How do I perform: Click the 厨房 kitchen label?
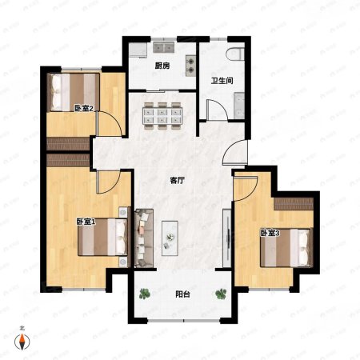162,66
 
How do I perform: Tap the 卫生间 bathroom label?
222,81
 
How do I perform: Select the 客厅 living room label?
177,181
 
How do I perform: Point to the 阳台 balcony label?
182,294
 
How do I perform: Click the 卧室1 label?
86,222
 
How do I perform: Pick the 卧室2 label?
83,109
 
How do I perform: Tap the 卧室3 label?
270,233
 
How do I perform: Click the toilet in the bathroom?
235,54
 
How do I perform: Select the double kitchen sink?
163,47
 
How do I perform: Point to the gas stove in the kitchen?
190,66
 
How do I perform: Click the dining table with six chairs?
162,116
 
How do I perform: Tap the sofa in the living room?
144,238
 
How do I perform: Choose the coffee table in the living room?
170,238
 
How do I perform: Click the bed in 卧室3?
286,248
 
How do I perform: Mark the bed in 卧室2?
73,92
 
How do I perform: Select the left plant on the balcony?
145,294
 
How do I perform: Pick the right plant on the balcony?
221,294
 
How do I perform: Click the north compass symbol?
22,342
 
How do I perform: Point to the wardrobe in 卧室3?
294,204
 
